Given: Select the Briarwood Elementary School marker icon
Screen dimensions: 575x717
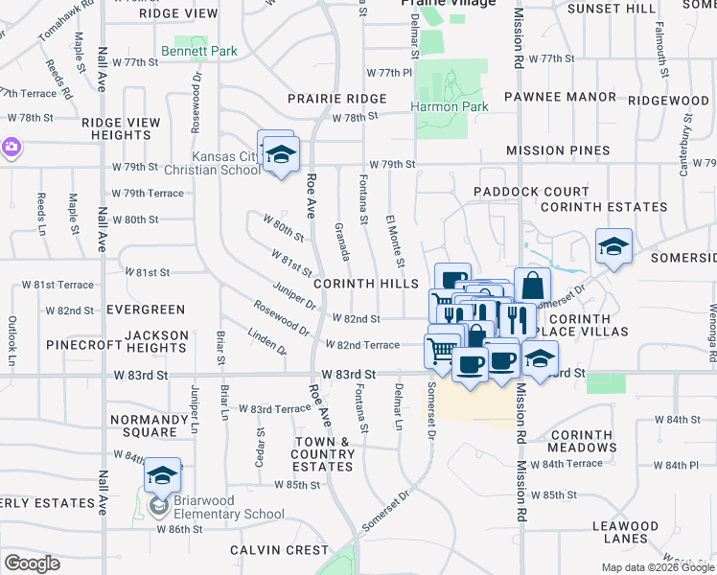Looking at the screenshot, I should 163,477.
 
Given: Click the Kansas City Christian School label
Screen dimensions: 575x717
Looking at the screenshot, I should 226,163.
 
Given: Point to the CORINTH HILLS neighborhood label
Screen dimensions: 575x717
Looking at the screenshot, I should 366,284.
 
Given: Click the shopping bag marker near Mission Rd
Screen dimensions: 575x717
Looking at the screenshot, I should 532,286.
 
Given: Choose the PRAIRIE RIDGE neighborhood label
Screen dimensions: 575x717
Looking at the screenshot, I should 338,99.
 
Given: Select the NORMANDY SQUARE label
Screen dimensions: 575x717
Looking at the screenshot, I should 149,426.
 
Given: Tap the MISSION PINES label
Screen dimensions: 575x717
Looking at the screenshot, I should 558,150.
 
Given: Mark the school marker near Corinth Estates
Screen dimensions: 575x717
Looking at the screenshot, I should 613,247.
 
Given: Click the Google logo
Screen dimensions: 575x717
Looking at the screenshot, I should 32,563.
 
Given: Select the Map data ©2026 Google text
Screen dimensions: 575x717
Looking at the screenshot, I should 657,567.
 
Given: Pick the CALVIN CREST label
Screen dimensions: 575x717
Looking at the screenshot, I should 266,550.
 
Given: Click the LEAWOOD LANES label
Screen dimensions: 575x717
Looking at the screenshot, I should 625,533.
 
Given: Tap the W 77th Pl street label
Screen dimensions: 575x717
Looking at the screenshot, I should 389,73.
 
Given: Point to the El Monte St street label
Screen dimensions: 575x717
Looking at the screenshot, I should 394,242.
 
